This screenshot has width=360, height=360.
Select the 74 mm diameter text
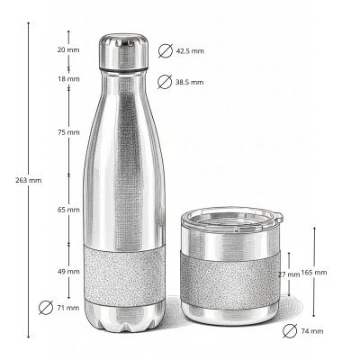point(310,331)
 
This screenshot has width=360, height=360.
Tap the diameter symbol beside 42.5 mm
point(165,50)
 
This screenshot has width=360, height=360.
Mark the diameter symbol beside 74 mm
point(289,331)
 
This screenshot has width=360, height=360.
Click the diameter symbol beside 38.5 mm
point(165,82)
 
